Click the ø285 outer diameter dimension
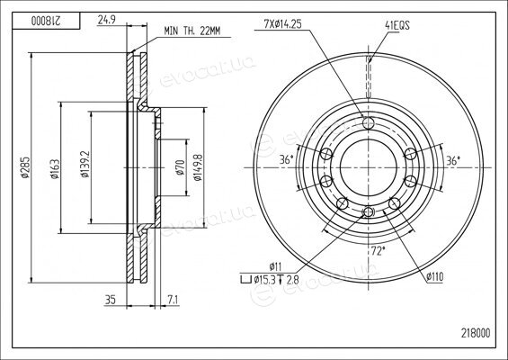(x=25, y=167)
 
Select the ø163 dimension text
(x=55, y=168)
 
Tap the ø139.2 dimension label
(x=85, y=164)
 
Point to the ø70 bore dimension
(x=180, y=167)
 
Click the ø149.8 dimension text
(x=197, y=167)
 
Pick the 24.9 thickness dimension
(x=107, y=21)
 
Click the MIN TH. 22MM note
(x=192, y=31)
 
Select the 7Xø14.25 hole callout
(x=282, y=24)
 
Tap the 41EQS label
(x=397, y=25)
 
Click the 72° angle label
(x=378, y=251)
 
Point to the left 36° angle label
(x=287, y=159)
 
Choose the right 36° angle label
(x=453, y=160)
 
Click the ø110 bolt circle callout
(x=434, y=276)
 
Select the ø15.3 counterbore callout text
(x=270, y=279)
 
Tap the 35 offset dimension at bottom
(x=111, y=300)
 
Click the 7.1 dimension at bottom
(x=173, y=300)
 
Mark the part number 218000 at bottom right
(x=476, y=333)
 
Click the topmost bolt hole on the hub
(x=369, y=123)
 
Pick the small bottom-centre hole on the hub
(x=369, y=212)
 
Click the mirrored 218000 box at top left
(x=46, y=21)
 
